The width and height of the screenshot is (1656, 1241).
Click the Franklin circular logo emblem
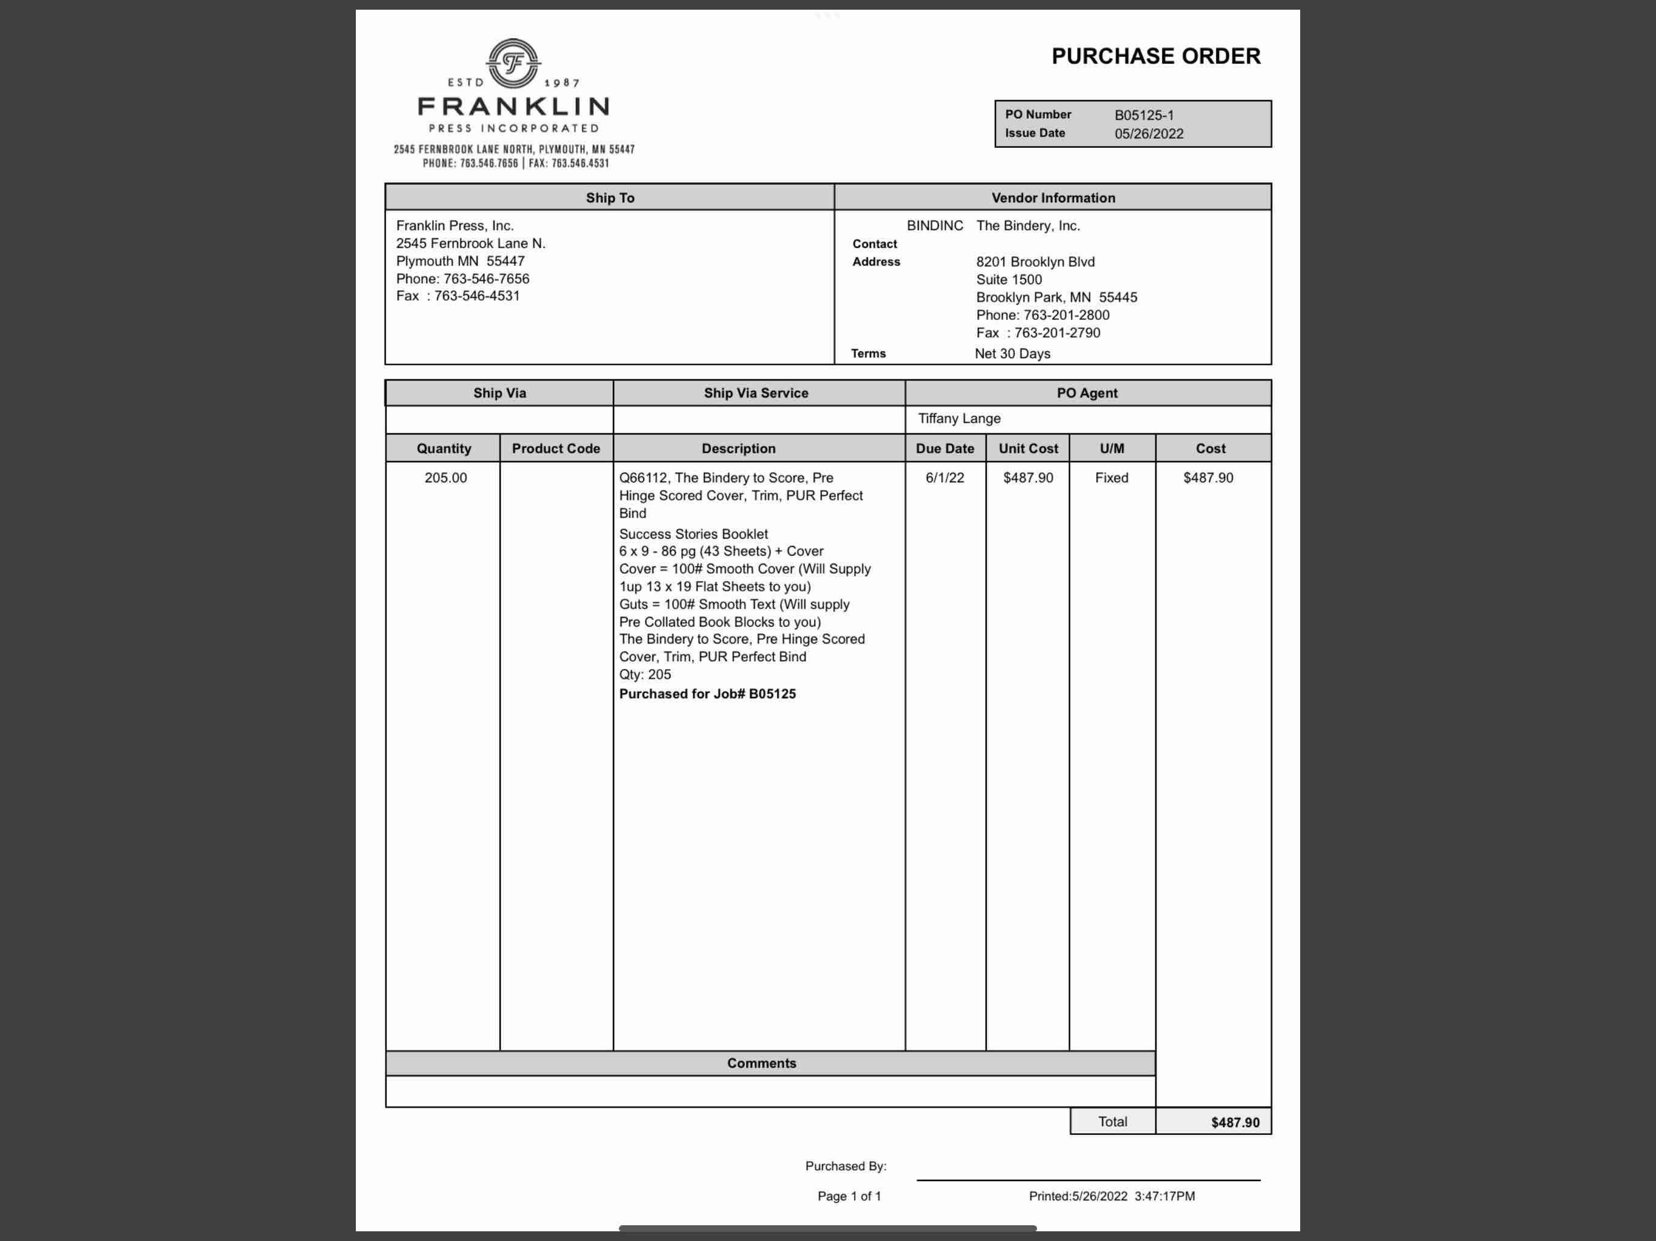point(513,63)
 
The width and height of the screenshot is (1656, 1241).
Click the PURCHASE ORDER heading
point(1155,56)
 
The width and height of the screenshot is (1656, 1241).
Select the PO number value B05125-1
point(1143,115)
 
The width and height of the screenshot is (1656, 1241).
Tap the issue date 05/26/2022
point(1149,134)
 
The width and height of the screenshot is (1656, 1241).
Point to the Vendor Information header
point(1053,198)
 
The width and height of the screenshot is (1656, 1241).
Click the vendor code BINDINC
point(934,225)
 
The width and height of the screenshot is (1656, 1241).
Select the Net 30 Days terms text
point(1012,353)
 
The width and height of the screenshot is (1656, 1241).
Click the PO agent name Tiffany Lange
point(959,418)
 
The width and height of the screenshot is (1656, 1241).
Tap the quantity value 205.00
point(446,477)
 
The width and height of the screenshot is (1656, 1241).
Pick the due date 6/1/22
point(945,477)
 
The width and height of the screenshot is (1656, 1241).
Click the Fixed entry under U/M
point(1111,477)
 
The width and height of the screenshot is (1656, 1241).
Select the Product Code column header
point(555,448)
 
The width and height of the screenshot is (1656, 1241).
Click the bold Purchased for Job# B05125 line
point(707,694)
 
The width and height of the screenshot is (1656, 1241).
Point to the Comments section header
point(761,1063)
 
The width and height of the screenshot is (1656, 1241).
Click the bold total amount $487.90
point(1235,1122)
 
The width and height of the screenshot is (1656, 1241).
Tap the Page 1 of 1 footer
point(849,1196)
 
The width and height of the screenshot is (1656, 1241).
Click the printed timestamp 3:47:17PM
point(1164,1196)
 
